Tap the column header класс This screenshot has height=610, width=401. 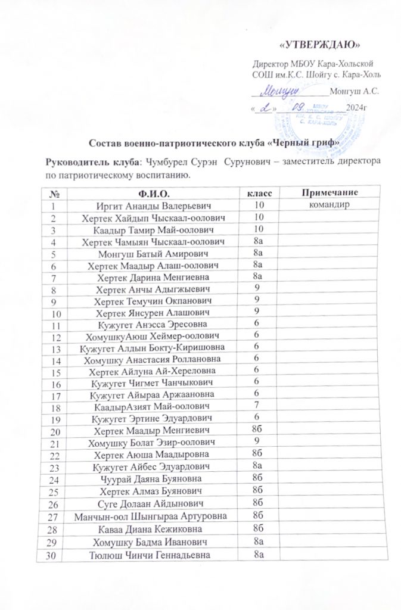pyautogui.click(x=258, y=194)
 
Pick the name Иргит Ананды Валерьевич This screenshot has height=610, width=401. pyautogui.click(x=154, y=206)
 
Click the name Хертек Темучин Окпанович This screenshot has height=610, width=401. pyautogui.click(x=154, y=300)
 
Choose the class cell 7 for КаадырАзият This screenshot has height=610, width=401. pyautogui.click(x=257, y=406)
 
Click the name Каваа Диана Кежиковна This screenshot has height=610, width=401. pyautogui.click(x=154, y=528)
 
